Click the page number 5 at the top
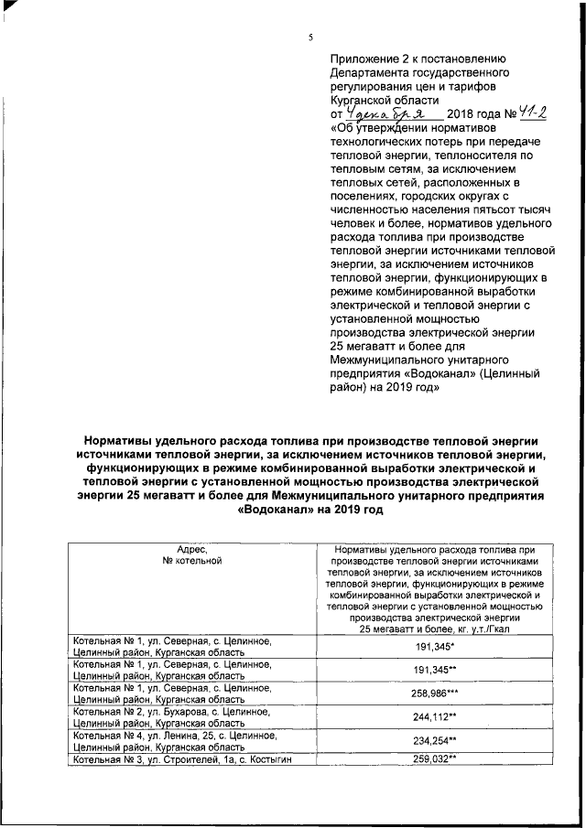(x=310, y=38)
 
